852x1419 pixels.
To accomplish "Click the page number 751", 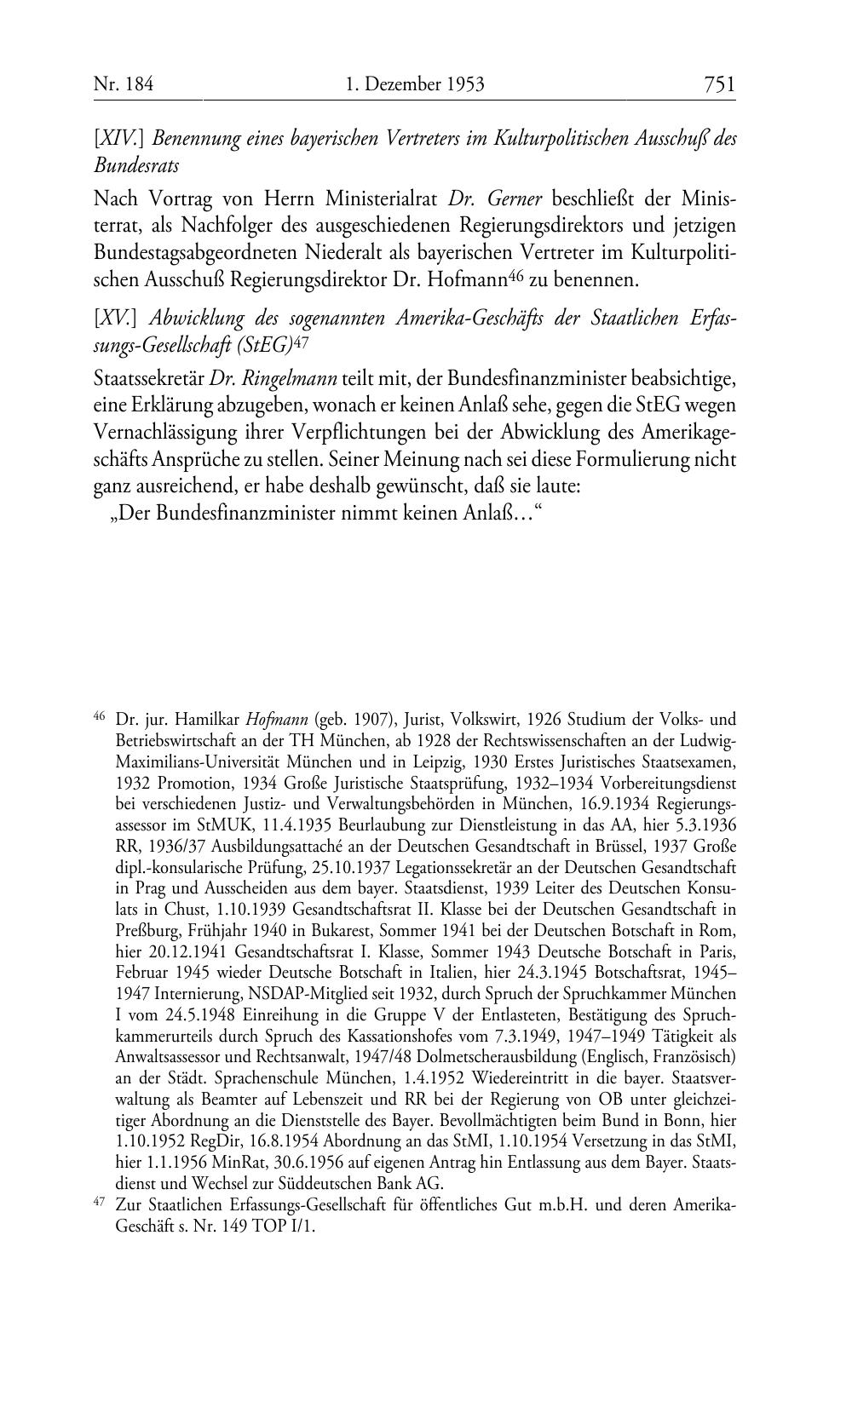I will tap(719, 84).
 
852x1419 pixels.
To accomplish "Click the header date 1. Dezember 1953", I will tap(416, 84).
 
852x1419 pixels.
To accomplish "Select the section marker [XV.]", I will tap(116, 319).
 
